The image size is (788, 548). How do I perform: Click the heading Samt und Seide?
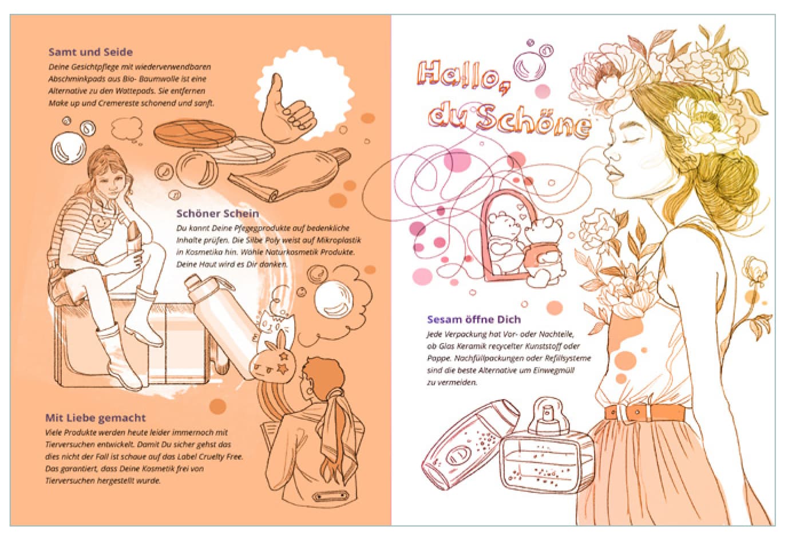tap(90, 52)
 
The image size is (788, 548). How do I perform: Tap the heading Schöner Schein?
tap(217, 213)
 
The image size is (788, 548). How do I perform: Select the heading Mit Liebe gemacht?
tap(96, 418)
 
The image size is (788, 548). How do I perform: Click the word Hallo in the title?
tap(464, 78)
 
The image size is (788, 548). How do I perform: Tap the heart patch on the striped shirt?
tap(100, 222)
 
